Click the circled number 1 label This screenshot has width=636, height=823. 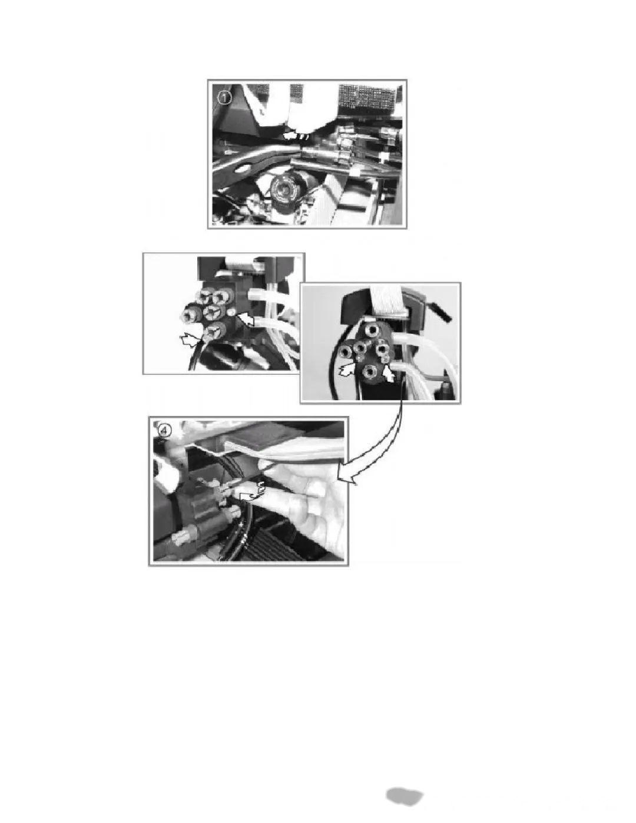(225, 98)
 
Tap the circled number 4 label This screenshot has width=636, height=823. (165, 430)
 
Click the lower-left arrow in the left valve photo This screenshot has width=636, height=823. (191, 339)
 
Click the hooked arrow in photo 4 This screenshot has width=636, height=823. (252, 491)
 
